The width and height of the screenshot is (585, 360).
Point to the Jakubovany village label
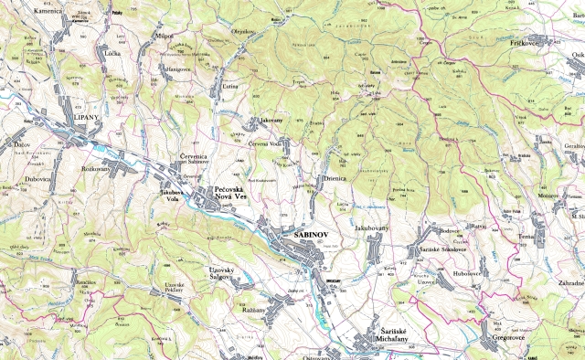coord(373,227)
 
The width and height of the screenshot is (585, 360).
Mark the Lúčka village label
coord(113,54)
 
